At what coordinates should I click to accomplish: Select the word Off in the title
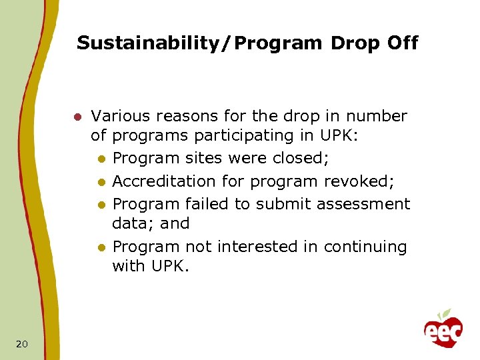pos(402,43)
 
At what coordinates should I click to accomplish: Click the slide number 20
pos(21,343)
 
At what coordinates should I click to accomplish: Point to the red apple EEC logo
pos(443,328)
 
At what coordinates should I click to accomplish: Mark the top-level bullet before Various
pos(77,117)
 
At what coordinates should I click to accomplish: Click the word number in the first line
pos(381,116)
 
